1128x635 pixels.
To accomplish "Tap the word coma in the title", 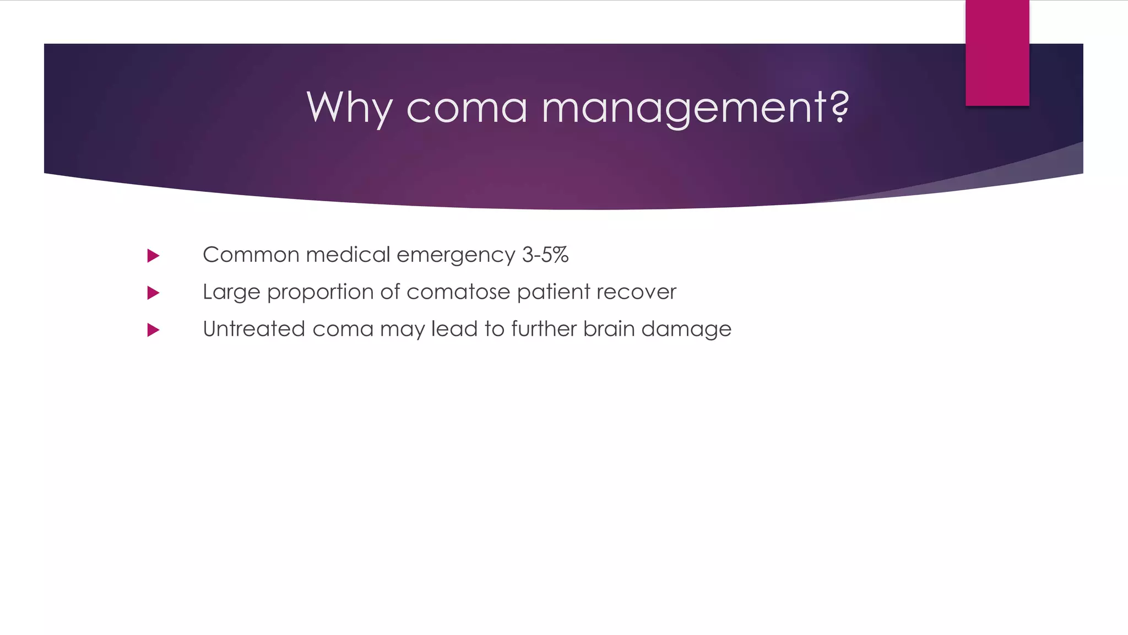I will click(467, 107).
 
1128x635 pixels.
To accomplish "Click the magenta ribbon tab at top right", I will click(997, 52).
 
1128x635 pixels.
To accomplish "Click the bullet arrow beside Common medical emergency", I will click(153, 256).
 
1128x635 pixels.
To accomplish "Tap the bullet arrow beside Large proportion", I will click(153, 293).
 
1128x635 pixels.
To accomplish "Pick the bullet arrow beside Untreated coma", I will click(153, 330).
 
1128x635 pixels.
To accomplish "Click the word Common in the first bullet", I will click(251, 255).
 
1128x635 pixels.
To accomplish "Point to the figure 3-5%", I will click(545, 255).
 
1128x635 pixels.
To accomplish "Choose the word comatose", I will click(458, 292).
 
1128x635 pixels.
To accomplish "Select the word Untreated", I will click(254, 329).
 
